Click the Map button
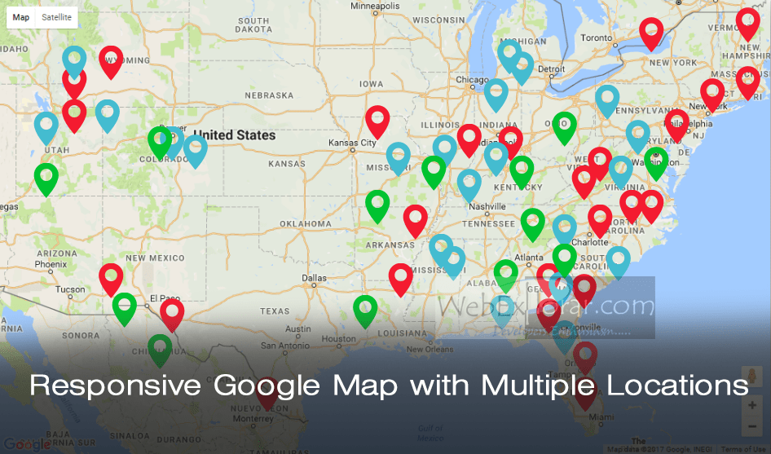point(21,17)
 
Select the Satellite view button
point(56,17)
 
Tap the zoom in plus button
point(751,405)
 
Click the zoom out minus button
point(751,426)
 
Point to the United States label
point(235,134)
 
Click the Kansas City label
point(352,143)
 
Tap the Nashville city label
point(487,206)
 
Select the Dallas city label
point(314,278)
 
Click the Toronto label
point(596,37)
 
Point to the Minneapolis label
point(375,6)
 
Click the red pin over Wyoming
point(112,60)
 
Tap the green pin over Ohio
point(564,126)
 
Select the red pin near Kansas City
point(377,121)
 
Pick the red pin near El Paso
point(172,314)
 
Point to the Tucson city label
point(70,289)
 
